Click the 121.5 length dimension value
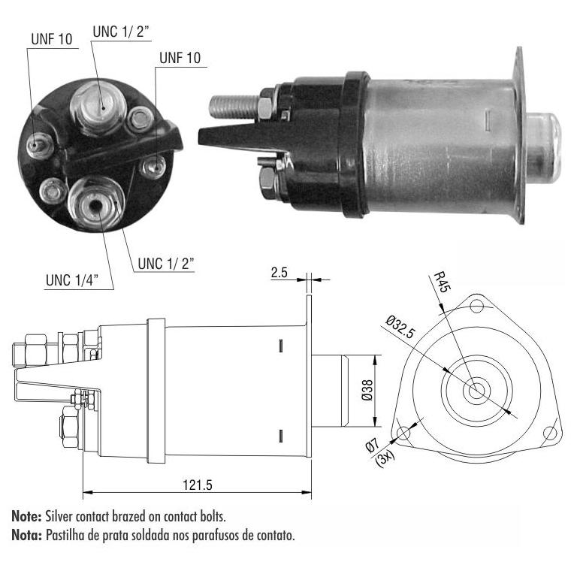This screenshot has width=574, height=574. (198, 485)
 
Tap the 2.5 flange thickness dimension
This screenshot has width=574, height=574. (279, 273)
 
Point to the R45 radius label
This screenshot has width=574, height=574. (443, 282)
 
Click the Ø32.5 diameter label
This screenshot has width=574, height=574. (400, 328)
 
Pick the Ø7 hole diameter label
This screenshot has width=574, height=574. (373, 446)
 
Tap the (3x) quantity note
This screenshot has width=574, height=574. (385, 458)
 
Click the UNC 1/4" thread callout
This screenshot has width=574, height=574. (72, 280)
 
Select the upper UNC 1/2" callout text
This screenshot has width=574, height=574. (121, 32)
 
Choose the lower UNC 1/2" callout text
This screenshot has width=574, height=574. (166, 264)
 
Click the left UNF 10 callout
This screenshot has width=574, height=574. (52, 39)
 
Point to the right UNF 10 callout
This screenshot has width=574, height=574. (180, 58)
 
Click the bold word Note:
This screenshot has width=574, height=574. (26, 516)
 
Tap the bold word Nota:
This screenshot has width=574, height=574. (26, 535)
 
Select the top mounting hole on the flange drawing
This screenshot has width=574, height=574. (476, 306)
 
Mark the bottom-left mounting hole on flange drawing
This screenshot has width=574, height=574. (403, 433)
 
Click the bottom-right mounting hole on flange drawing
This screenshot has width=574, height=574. (549, 433)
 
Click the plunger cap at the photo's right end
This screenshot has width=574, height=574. (543, 147)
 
